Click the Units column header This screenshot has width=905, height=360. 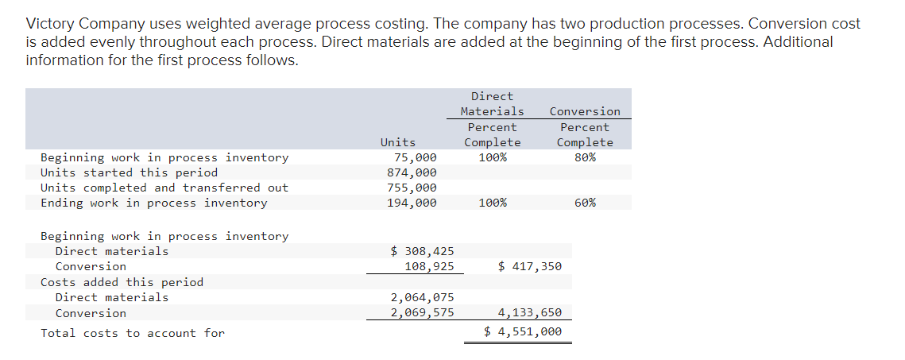click(397, 142)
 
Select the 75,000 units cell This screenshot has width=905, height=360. click(415, 157)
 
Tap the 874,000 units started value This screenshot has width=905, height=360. click(412, 172)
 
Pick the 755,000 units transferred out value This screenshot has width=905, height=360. click(412, 188)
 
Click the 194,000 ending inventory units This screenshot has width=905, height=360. click(412, 203)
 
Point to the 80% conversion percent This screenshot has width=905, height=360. click(585, 157)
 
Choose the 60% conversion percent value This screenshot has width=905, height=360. click(585, 203)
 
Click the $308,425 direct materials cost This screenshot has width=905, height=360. click(423, 251)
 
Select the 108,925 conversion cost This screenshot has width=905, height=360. click(429, 266)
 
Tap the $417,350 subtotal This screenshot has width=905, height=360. click(529, 266)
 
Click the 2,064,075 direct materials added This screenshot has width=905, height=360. click(422, 297)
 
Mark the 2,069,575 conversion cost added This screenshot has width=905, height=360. click(422, 312)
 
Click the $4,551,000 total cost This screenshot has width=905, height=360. click(523, 332)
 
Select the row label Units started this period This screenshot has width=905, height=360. click(129, 172)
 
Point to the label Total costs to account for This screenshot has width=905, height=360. click(133, 333)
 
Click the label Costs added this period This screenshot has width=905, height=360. click(122, 282)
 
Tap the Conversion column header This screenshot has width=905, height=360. click(585, 111)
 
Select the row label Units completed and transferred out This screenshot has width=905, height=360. click(164, 188)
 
